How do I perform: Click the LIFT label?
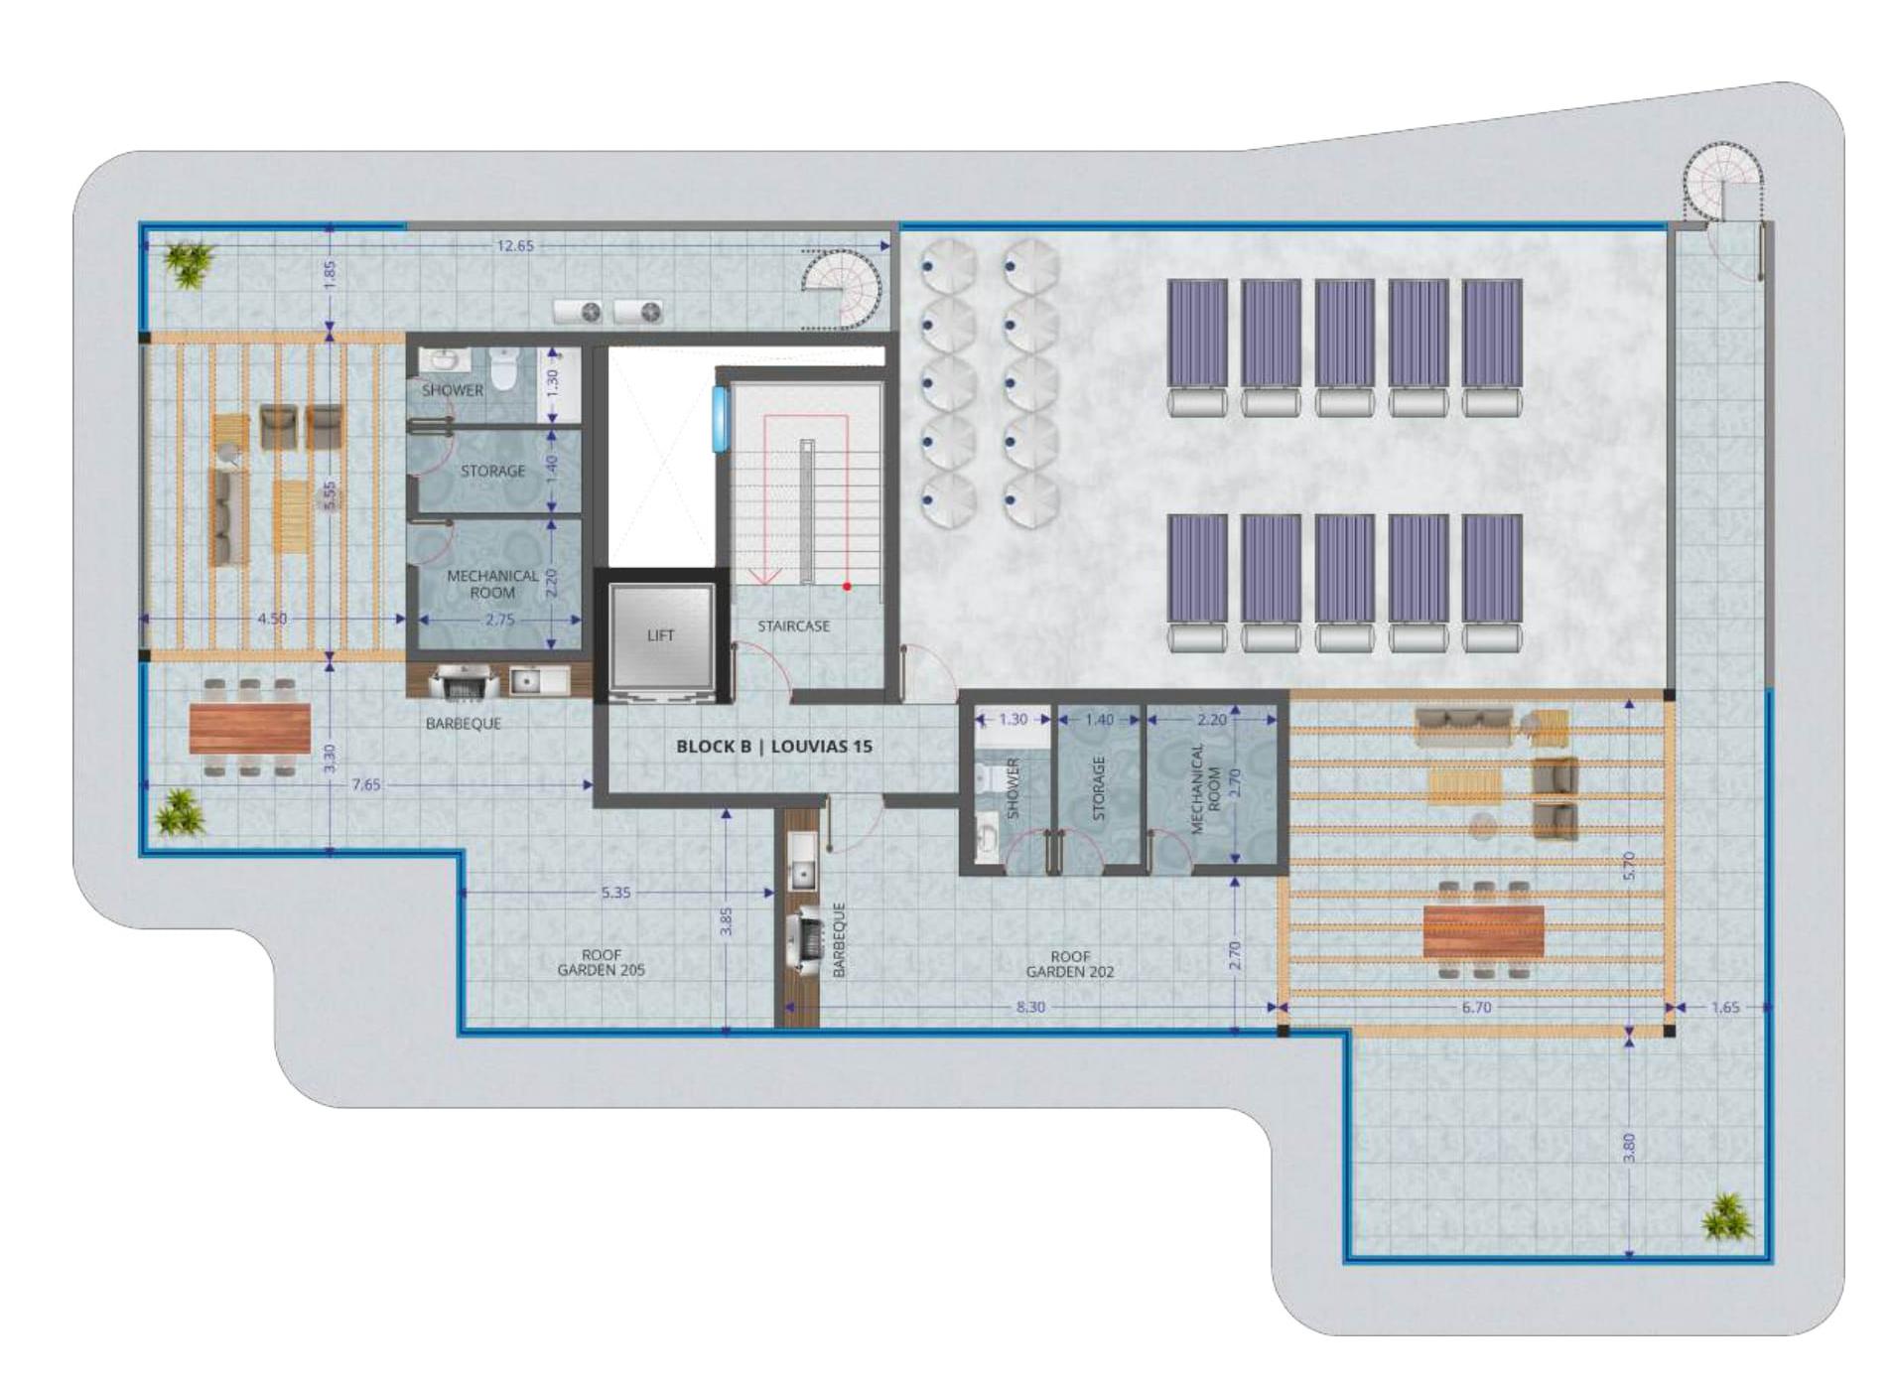point(660,635)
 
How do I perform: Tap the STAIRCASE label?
point(793,626)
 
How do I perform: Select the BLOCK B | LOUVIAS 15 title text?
point(774,746)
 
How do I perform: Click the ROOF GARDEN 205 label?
point(601,962)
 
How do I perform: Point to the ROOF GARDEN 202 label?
point(1069,964)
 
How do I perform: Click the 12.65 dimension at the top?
point(515,245)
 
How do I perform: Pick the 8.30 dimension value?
point(1030,1007)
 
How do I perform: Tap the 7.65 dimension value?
point(365,784)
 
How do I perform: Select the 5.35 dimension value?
point(615,893)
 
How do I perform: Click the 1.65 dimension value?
point(1725,1007)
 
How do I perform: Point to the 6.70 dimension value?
point(1476,1007)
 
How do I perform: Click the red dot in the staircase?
point(847,586)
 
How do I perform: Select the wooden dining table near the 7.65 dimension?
point(249,728)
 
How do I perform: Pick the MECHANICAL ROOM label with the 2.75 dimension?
point(492,584)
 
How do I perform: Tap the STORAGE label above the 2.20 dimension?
point(1098,787)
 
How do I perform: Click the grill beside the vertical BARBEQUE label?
point(803,938)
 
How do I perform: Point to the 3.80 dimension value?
point(1628,1148)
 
